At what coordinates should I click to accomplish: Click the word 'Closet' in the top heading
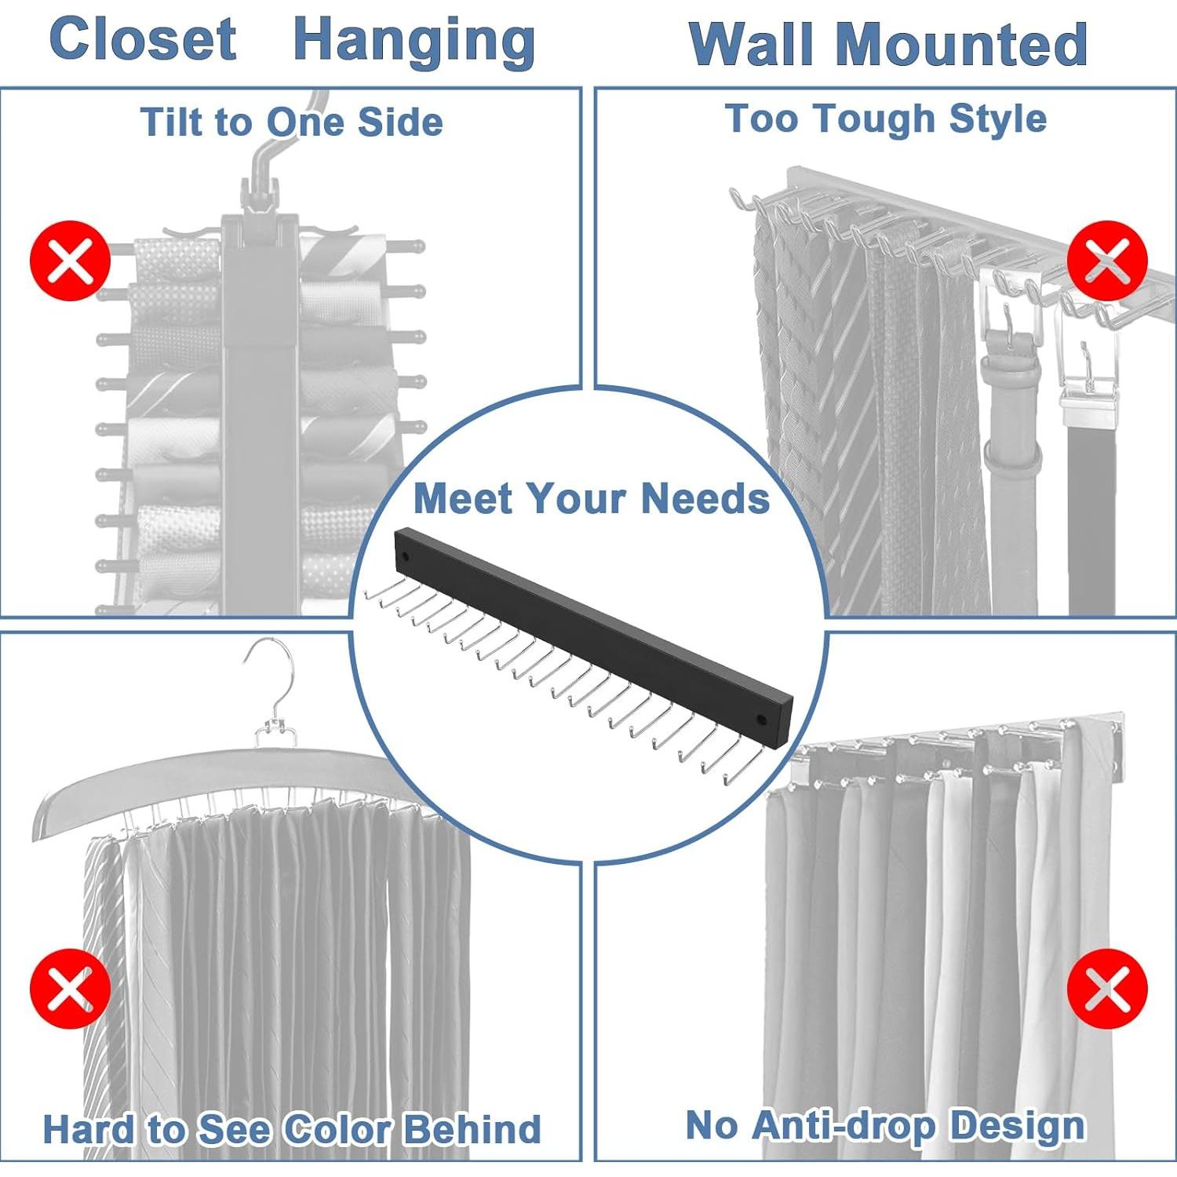coord(142,39)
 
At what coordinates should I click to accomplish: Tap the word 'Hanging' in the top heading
coord(414,41)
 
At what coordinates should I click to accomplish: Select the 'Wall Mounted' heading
coord(887,44)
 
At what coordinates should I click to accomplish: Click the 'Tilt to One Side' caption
coord(291,122)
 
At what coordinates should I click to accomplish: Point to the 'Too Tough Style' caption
coord(885,118)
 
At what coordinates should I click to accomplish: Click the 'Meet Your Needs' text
coord(591,498)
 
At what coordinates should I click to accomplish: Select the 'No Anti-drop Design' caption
coord(885,1125)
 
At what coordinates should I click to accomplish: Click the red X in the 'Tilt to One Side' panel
coord(70,261)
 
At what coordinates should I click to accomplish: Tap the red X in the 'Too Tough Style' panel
coord(1107,261)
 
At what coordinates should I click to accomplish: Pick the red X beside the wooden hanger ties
coord(70,988)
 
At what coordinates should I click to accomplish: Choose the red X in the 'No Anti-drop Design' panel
coord(1107,988)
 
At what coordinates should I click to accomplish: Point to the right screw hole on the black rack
coord(761,719)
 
